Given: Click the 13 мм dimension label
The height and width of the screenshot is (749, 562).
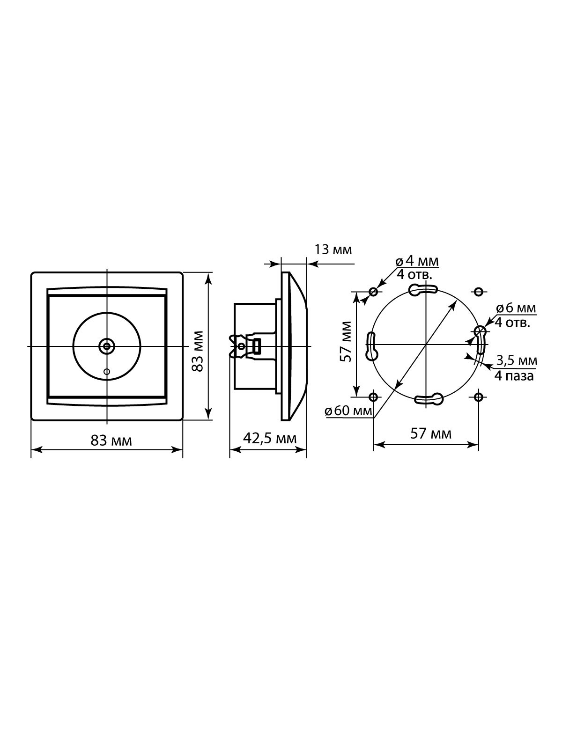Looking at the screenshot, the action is pyautogui.click(x=333, y=250).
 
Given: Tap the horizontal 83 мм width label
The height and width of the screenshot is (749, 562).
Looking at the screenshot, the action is pyautogui.click(x=111, y=441).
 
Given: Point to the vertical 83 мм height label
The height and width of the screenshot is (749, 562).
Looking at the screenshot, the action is pyautogui.click(x=198, y=351).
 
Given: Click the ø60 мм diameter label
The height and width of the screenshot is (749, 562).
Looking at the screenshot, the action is pyautogui.click(x=348, y=411).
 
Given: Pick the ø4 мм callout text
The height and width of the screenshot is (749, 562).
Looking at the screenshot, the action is pyautogui.click(x=417, y=261).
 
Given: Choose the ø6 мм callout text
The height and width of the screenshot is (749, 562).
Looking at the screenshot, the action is pyautogui.click(x=516, y=308).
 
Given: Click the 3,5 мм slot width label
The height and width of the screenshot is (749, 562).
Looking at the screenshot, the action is pyautogui.click(x=517, y=360).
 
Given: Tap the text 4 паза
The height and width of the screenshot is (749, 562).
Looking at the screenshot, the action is pyautogui.click(x=514, y=376).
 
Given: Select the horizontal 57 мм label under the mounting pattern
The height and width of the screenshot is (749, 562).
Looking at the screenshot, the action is pyautogui.click(x=430, y=433).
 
